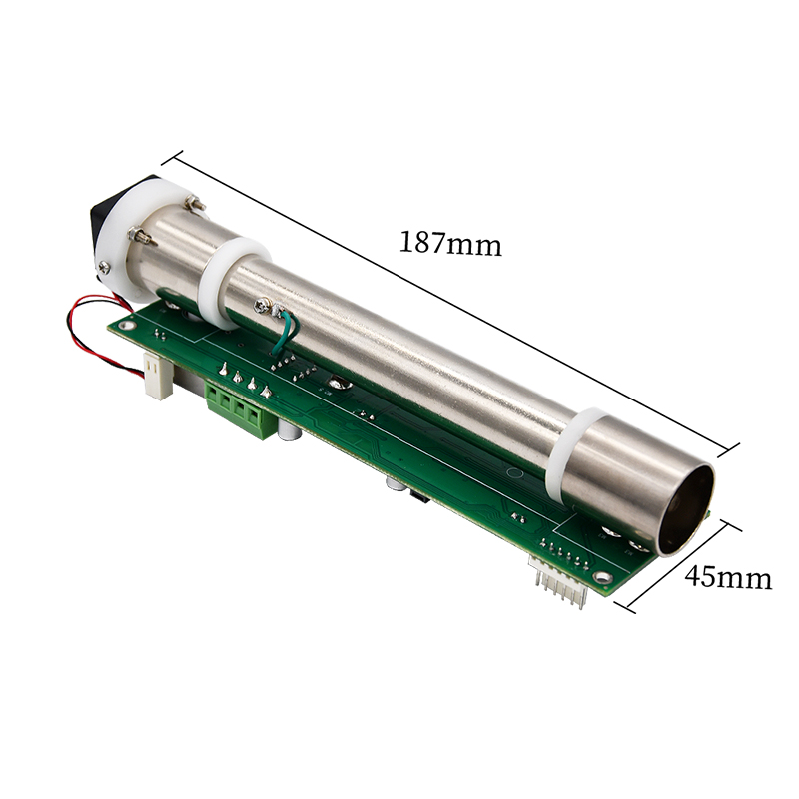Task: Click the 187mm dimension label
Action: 450,243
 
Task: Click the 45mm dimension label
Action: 727,577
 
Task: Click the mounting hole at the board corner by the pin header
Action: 601,577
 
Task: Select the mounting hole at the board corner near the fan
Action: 126,323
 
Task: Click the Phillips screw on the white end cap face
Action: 105,266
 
